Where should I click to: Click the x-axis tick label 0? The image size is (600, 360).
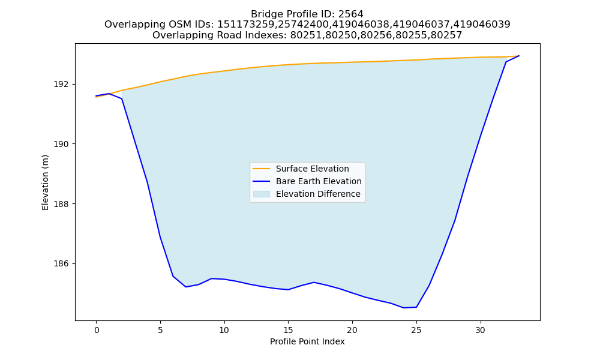pos(97,330)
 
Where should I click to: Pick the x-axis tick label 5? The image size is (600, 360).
pos(160,330)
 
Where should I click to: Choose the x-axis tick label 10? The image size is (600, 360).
pos(224,330)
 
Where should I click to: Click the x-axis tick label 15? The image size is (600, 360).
pos(288,330)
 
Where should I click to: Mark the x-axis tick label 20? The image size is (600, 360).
pos(352,330)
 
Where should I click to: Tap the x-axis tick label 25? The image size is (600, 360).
pos(416,330)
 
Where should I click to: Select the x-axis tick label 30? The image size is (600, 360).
pos(480,330)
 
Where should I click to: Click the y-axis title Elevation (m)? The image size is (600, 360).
pos(45,182)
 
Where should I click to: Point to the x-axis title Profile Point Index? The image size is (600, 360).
pos(307,341)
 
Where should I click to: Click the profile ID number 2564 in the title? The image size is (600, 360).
pos(350,14)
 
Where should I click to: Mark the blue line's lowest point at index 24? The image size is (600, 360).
pos(403,308)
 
